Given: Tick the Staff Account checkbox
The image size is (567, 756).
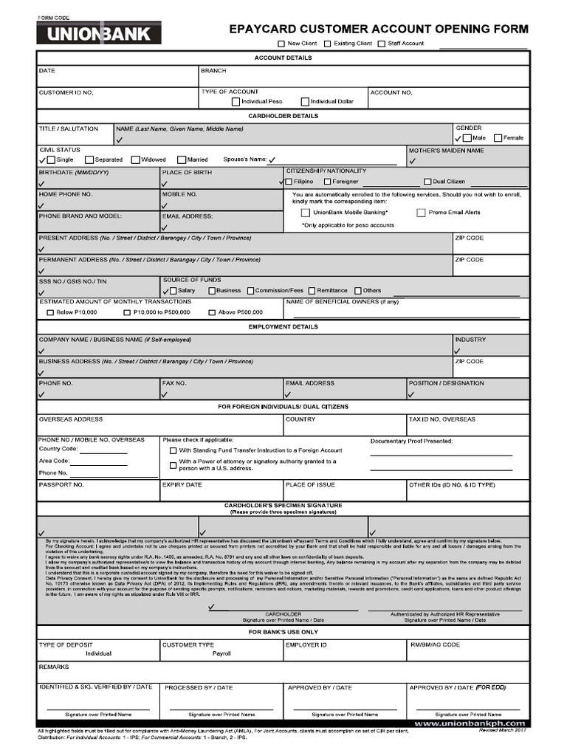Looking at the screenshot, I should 381,44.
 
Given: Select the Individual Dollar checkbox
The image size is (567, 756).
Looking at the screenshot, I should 305,102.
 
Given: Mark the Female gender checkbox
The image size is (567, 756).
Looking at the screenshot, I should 498,138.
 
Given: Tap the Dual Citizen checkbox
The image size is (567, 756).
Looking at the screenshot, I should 427,181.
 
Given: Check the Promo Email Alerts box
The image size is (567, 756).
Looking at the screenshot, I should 421,213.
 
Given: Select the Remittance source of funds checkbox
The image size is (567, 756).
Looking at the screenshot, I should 312,291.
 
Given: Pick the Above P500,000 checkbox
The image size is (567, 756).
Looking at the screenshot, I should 211,312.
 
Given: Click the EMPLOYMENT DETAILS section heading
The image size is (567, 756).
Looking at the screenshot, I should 283,326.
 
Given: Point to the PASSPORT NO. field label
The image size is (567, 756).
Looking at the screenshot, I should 61,485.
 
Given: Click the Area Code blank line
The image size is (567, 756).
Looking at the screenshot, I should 97,461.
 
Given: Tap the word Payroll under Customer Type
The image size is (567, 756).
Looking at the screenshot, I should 221,653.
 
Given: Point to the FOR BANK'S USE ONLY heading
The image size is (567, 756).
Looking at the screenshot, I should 283,632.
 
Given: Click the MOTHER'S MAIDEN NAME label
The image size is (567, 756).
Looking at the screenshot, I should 446,151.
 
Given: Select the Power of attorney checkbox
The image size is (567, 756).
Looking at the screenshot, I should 173,464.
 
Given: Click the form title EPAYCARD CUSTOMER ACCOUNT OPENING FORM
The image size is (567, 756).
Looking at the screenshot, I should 379,30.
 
